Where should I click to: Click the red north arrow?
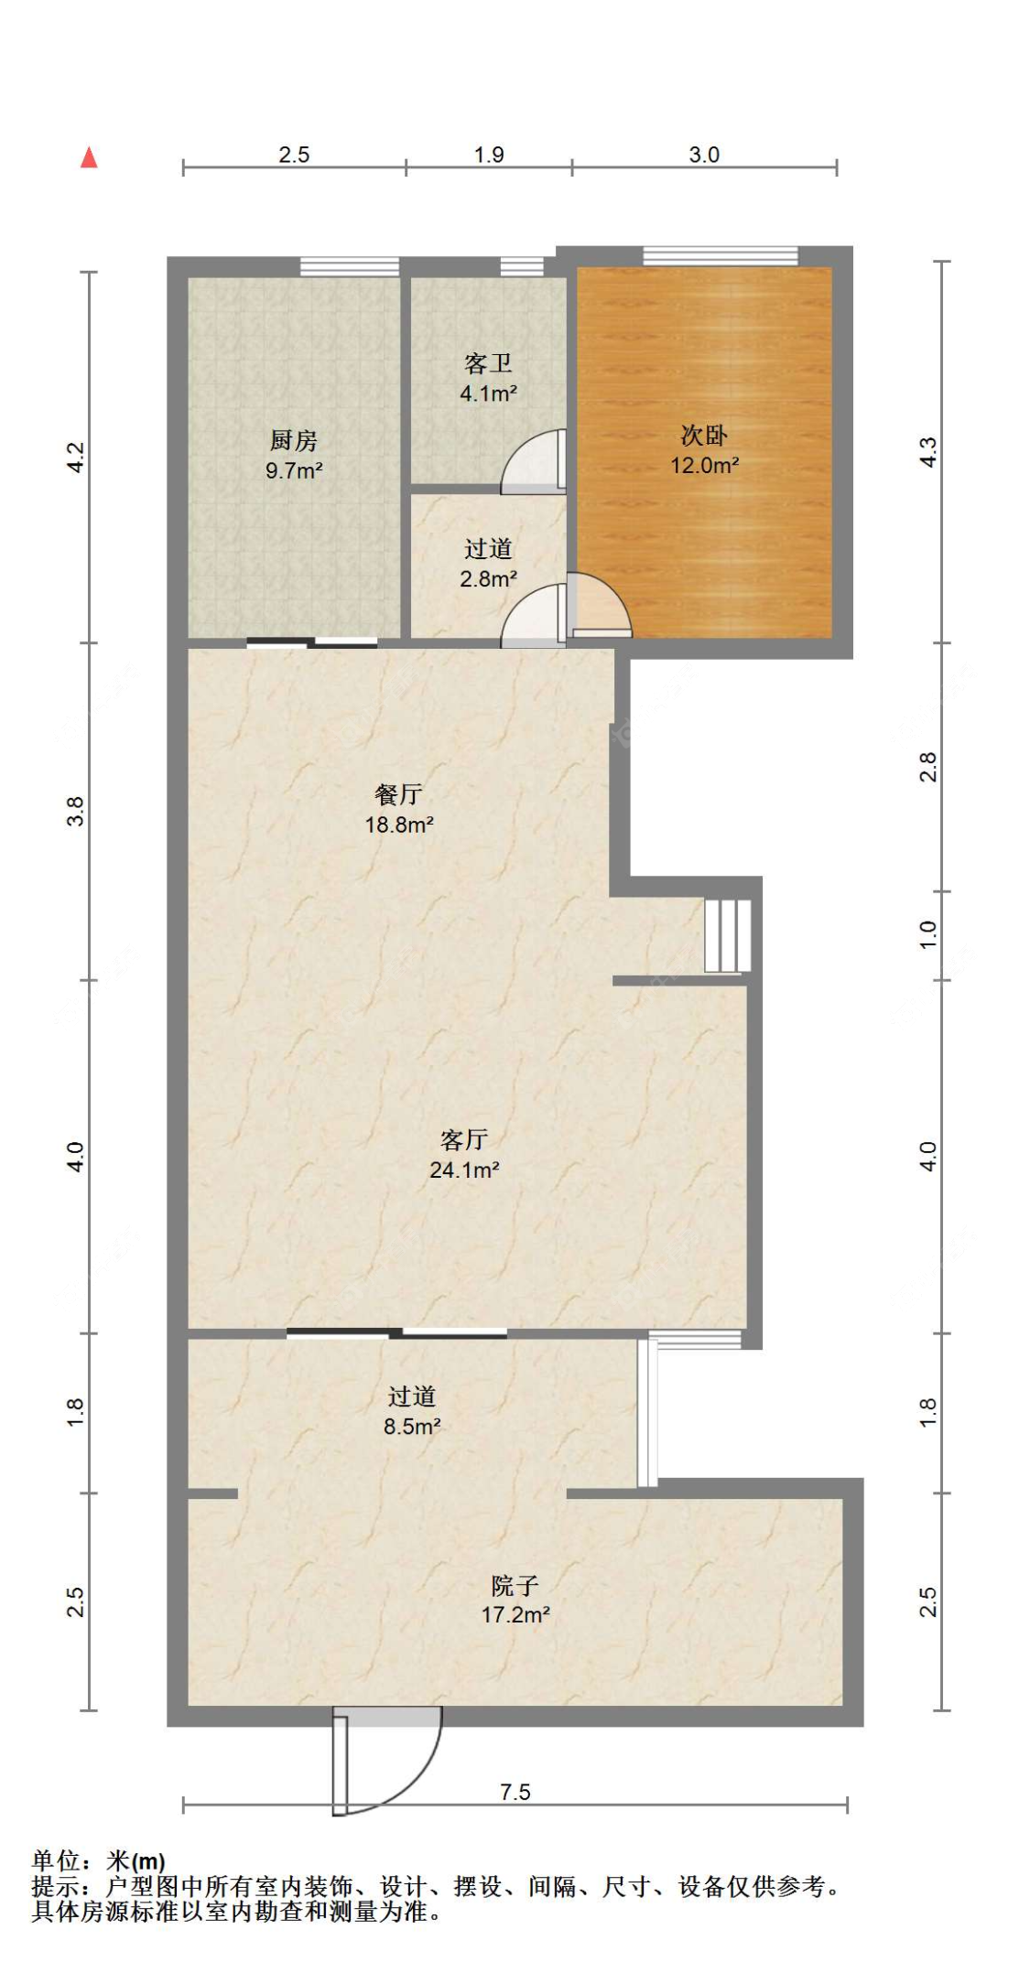tap(89, 157)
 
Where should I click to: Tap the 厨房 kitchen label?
tap(293, 441)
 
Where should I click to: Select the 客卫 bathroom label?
tap(488, 364)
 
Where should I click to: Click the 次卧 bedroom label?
tap(704, 435)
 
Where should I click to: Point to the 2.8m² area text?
tap(488, 579)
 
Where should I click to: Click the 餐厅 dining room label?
tap(398, 794)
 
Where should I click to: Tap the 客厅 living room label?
tap(464, 1139)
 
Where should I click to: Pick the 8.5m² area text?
tap(412, 1427)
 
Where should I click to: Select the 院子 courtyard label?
tap(515, 1585)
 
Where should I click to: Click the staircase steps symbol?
tap(728, 935)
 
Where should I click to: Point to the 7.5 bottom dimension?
tap(515, 1792)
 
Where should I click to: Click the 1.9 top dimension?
tap(489, 155)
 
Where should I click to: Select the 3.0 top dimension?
tap(704, 155)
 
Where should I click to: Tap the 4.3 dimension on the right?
tap(928, 452)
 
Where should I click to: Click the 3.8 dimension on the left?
tap(75, 812)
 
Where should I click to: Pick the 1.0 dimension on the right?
tap(928, 934)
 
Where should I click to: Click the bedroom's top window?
tap(721, 256)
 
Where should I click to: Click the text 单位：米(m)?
tap(99, 1860)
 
